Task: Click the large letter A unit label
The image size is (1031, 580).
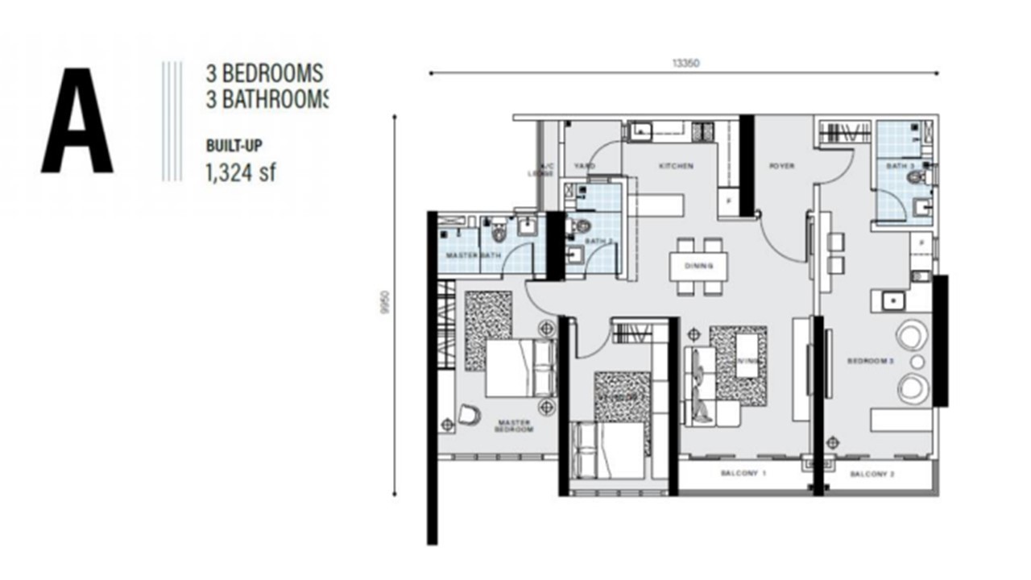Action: pyautogui.click(x=77, y=121)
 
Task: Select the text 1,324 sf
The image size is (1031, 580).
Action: pyautogui.click(x=241, y=172)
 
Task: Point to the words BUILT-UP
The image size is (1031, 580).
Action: pyautogui.click(x=234, y=146)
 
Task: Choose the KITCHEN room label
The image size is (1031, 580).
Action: pyautogui.click(x=676, y=166)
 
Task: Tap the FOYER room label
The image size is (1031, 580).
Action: pyautogui.click(x=781, y=166)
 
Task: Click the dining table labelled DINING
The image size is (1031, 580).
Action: pyautogui.click(x=698, y=265)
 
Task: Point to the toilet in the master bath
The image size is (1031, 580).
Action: pyautogui.click(x=499, y=233)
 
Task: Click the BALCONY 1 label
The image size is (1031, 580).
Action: pyautogui.click(x=743, y=474)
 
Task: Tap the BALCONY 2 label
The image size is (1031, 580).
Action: pyautogui.click(x=872, y=474)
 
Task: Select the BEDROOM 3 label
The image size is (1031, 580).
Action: pyautogui.click(x=871, y=362)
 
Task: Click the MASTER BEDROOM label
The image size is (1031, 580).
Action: pyautogui.click(x=515, y=425)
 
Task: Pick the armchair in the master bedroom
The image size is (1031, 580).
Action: pyautogui.click(x=468, y=414)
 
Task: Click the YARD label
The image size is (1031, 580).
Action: pyautogui.click(x=584, y=166)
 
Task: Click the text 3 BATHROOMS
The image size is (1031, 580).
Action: pyautogui.click(x=266, y=98)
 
